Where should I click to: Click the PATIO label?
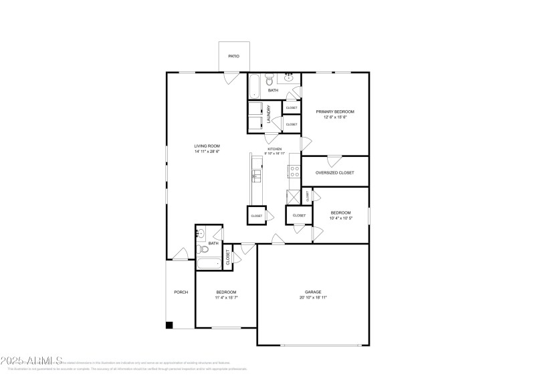pos(233,56)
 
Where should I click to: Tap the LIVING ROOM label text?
pos(207,146)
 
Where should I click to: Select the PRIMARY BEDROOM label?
pos(335,112)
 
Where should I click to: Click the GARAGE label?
pos(313,292)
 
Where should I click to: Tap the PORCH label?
pos(181,293)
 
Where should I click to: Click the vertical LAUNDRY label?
pos(269,115)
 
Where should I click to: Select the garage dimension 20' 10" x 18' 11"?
pos(313,298)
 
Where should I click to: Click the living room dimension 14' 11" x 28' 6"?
pos(207,152)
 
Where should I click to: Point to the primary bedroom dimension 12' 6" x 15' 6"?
pos(335,118)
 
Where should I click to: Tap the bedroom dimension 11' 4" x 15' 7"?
pos(226,298)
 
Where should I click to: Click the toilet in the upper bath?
pos(269,78)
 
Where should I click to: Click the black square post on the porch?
pos(169,325)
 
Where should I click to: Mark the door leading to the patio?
pos(231,78)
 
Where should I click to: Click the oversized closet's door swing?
pos(334,160)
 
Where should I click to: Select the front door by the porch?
pos(180,254)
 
